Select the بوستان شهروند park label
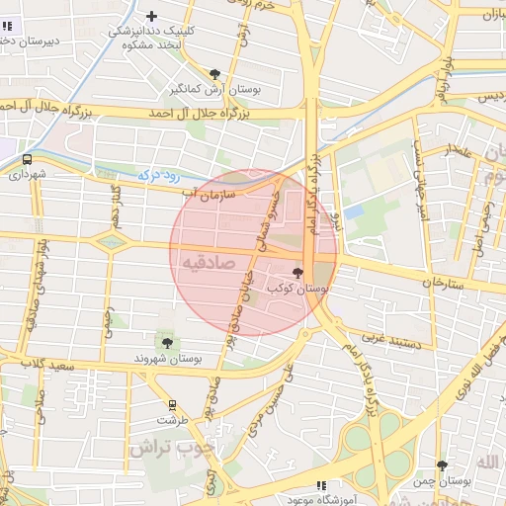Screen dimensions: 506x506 [x=166, y=358]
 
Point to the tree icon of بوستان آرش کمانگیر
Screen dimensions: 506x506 [x=215, y=74]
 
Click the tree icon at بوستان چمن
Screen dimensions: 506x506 [x=442, y=465]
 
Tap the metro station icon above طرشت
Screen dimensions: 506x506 [x=173, y=404]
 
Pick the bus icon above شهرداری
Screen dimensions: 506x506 [x=27, y=159]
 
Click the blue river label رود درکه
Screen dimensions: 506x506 [x=159, y=176]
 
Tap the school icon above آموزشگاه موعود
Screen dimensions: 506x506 [x=320, y=484]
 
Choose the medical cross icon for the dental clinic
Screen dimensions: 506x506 [x=151, y=15]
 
